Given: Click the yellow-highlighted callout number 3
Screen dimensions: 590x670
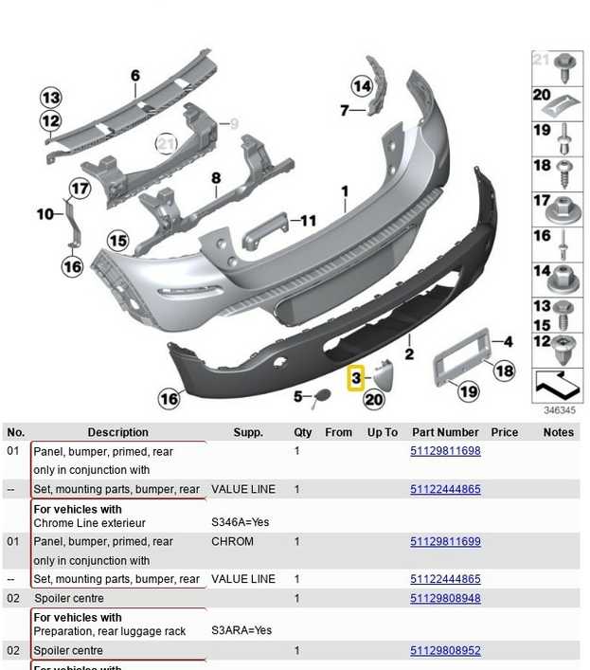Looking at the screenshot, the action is click(x=356, y=378).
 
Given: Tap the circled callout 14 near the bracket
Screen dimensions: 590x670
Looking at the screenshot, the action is click(x=362, y=86).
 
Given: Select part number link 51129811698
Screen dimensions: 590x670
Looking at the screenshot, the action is click(x=445, y=451).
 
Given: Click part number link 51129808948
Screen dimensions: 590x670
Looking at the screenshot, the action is click(x=445, y=598).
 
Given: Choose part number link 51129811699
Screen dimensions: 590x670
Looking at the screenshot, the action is click(x=445, y=541).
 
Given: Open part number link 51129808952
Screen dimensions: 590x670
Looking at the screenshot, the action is click(x=445, y=650).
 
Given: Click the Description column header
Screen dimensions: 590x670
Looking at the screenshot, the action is click(x=117, y=432).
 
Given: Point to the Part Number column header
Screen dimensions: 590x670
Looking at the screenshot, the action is click(x=445, y=432).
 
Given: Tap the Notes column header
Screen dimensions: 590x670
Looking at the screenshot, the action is click(x=559, y=432).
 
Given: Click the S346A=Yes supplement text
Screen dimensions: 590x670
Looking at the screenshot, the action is click(x=241, y=522).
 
